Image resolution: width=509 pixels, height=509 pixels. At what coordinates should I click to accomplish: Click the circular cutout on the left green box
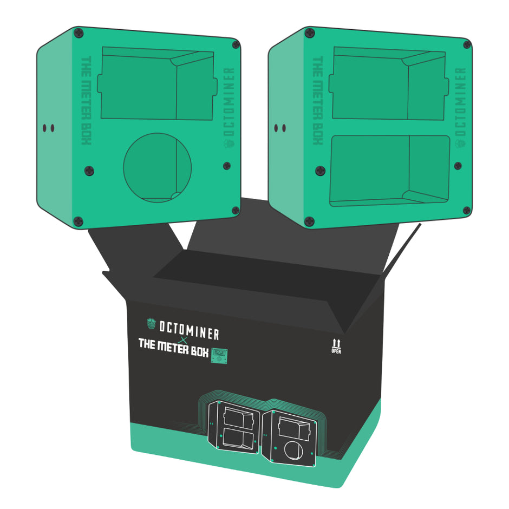(x=157, y=167)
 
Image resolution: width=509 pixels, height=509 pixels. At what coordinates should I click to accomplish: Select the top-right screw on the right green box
(x=467, y=44)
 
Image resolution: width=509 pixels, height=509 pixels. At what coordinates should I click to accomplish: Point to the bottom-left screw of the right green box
(x=310, y=221)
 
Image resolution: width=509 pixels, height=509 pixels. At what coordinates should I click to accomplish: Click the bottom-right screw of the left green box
(x=236, y=210)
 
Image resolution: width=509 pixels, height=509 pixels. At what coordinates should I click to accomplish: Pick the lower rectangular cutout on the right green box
(x=390, y=170)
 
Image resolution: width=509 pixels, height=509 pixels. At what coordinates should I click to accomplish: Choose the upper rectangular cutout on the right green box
(x=389, y=83)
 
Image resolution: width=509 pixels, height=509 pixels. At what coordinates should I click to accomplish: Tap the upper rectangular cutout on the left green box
(x=157, y=83)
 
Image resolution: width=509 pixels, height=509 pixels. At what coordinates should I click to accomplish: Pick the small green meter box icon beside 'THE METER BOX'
(x=219, y=355)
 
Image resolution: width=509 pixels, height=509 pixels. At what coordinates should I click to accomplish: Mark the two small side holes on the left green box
(x=48, y=128)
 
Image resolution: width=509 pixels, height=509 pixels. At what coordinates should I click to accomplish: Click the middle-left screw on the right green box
(x=320, y=171)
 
